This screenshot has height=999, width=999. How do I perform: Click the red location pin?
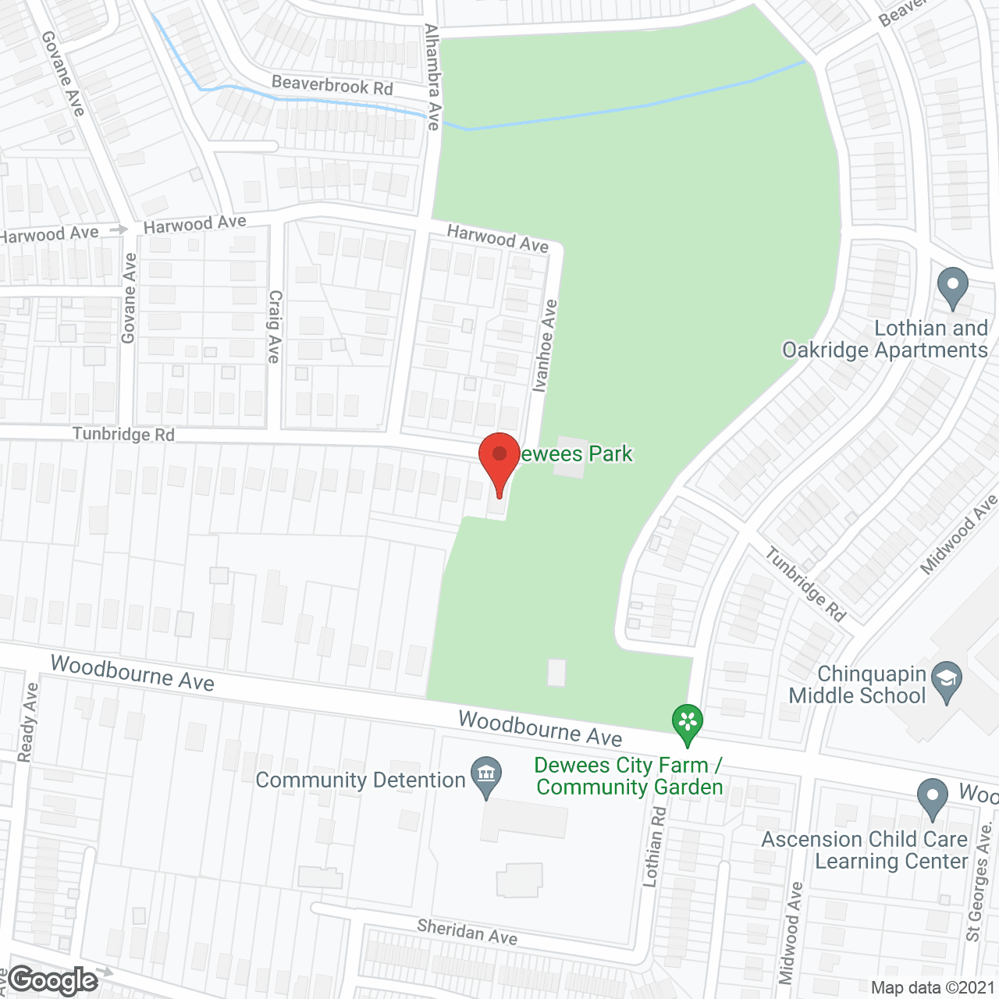pos(499,461)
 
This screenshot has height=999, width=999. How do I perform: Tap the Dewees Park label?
pos(576,454)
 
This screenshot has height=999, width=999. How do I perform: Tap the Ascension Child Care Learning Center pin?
pos(933,797)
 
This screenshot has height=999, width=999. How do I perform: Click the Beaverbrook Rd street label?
pos(332,85)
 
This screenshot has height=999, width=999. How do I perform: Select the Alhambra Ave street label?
pos(433,76)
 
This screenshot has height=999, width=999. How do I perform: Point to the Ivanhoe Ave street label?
pos(545,345)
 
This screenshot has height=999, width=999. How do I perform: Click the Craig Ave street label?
pos(274,326)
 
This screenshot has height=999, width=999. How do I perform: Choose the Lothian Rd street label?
pos(654,847)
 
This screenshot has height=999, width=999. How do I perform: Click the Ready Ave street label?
pos(27,722)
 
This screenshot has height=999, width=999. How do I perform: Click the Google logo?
pos(52,980)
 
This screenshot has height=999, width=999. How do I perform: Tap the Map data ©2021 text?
pos(933,987)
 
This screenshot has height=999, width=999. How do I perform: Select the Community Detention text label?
pos(361,780)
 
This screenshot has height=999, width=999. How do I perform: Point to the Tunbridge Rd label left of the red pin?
pos(123,434)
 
